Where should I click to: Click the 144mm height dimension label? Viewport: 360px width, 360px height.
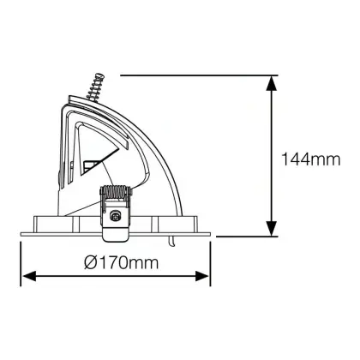click(311, 159)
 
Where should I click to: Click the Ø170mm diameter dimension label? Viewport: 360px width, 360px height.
click(121, 262)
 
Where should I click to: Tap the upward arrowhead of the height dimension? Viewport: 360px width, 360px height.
click(272, 83)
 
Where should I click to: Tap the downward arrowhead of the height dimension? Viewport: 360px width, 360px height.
click(272, 228)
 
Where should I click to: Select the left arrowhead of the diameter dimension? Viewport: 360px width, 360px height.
click(29, 276)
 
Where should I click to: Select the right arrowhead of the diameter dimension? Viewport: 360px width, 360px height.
click(202, 276)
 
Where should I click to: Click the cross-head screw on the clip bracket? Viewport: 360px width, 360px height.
click(116, 216)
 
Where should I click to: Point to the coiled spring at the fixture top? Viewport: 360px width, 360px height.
click(95, 87)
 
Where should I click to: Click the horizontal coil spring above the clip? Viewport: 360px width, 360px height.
click(116, 192)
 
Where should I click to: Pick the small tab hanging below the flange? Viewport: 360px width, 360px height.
click(171, 241)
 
